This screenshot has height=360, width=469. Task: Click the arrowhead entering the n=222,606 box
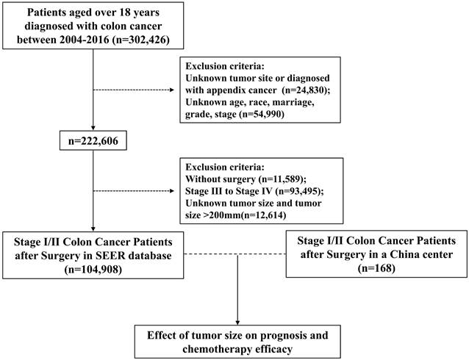point(93,129)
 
